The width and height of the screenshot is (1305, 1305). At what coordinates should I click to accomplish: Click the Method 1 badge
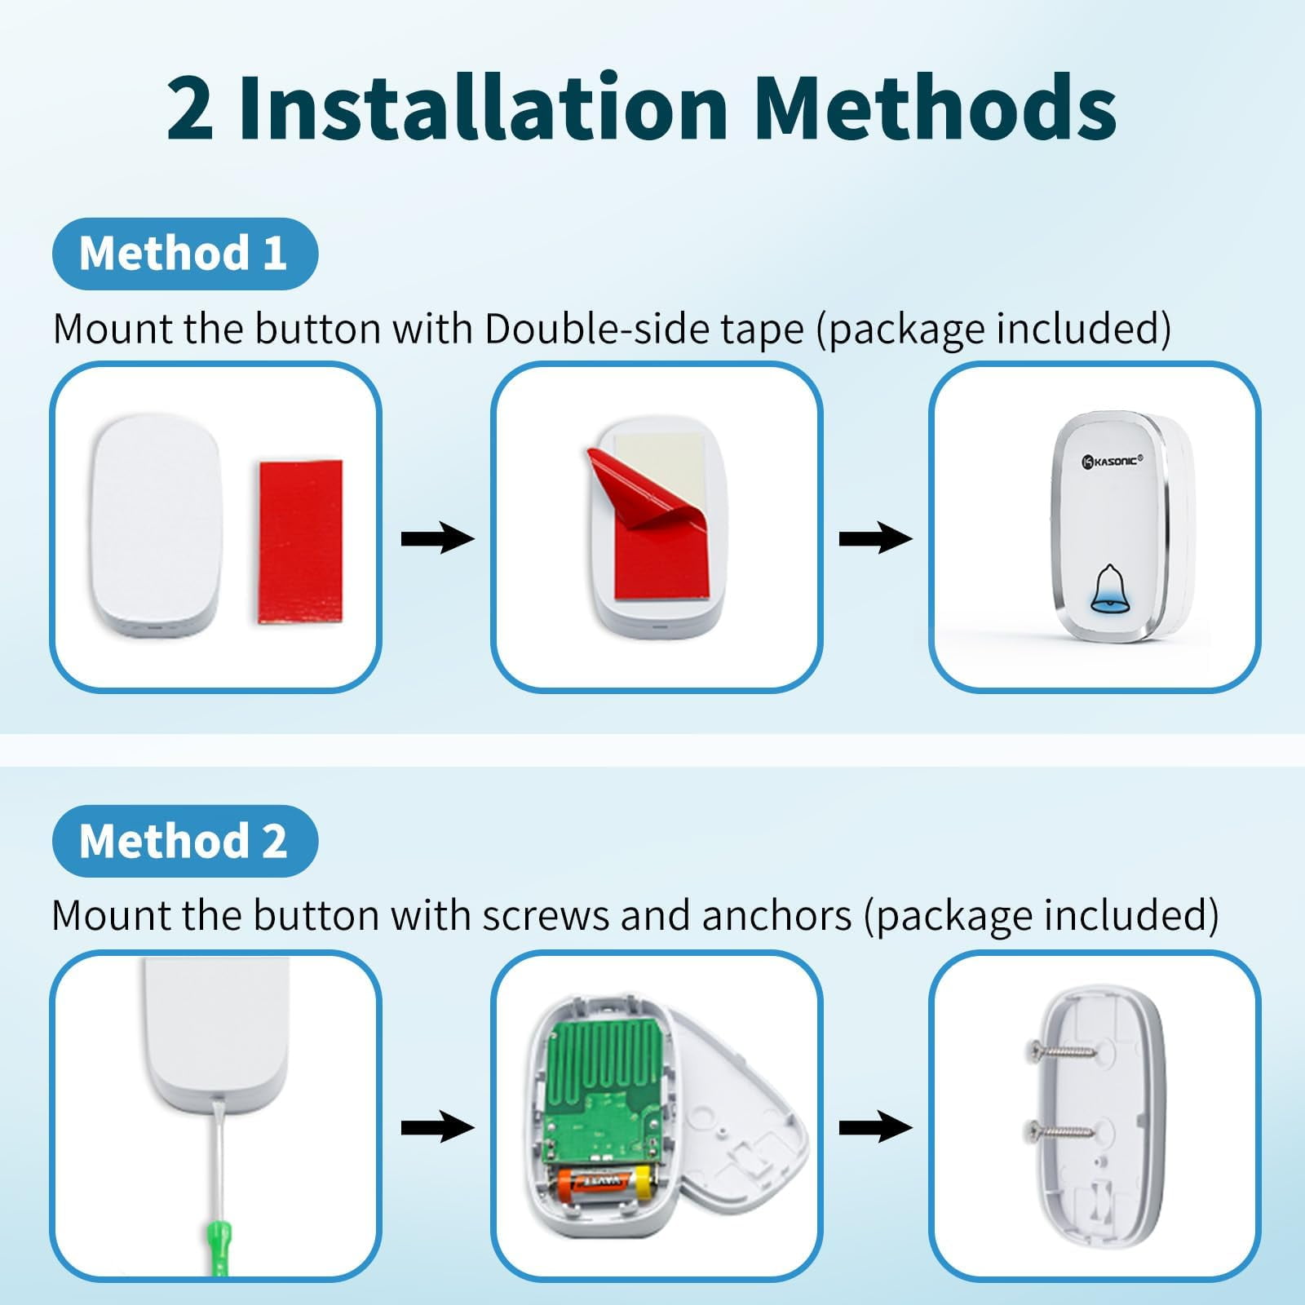pyautogui.click(x=184, y=254)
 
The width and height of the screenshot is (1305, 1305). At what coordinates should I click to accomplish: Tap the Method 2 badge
pyautogui.click(x=184, y=841)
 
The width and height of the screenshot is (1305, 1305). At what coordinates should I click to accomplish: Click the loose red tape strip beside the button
pyautogui.click(x=301, y=542)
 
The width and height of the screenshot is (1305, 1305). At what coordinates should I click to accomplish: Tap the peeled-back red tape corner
pyautogui.click(x=636, y=494)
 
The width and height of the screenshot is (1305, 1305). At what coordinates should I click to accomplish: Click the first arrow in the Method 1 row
pyautogui.click(x=437, y=539)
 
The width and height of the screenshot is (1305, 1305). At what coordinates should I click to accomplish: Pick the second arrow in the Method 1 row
pyautogui.click(x=876, y=539)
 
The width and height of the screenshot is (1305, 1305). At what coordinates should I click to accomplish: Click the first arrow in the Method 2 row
pyautogui.click(x=437, y=1127)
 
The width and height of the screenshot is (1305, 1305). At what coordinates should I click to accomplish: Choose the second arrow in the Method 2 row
pyautogui.click(x=876, y=1127)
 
